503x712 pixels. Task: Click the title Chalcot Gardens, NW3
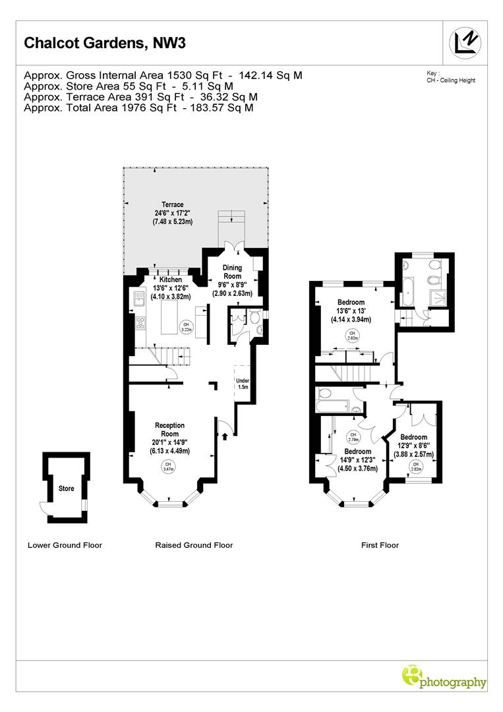click(105, 44)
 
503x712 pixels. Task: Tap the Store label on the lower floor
click(66, 489)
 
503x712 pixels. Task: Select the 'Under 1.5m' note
click(243, 384)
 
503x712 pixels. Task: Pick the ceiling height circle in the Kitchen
click(187, 326)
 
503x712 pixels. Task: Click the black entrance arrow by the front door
click(225, 435)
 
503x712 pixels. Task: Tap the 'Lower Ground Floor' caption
click(65, 545)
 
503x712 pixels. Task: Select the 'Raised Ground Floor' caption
click(194, 545)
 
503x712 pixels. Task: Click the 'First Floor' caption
click(380, 545)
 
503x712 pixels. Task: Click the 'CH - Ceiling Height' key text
click(451, 80)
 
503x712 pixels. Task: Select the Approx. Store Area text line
click(128, 86)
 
